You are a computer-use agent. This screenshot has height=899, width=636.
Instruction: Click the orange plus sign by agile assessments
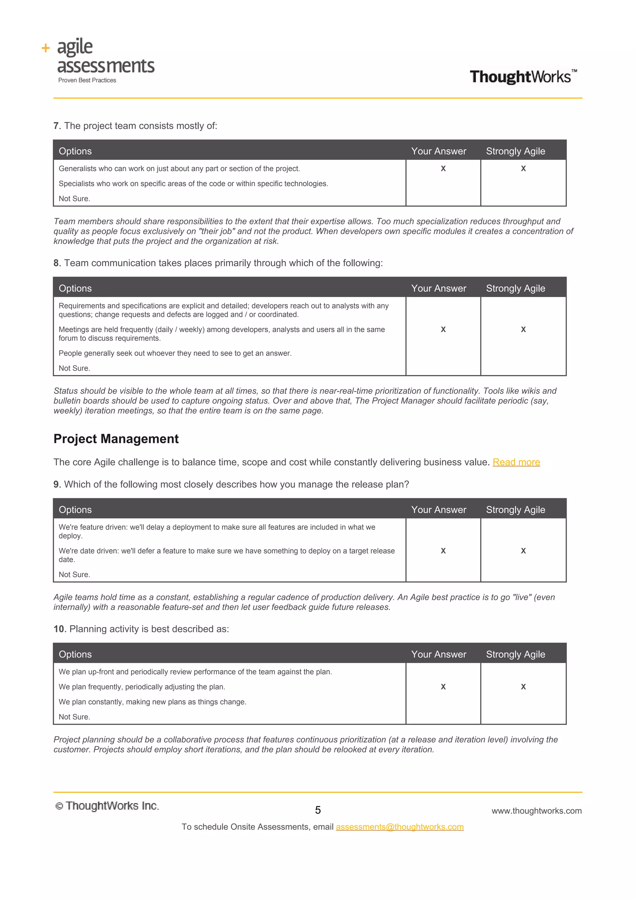46,48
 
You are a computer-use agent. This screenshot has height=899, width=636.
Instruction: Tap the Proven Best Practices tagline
87,80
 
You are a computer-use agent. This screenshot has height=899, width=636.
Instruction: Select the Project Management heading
116,439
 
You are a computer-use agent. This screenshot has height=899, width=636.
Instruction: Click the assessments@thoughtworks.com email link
399,827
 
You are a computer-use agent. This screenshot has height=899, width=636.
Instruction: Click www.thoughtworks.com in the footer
537,811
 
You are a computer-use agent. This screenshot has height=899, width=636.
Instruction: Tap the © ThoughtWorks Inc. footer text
107,806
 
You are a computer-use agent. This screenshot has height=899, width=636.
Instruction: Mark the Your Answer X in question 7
443,168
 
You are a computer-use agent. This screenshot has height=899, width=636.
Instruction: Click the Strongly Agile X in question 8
523,329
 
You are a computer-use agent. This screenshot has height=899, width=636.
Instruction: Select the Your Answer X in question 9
443,550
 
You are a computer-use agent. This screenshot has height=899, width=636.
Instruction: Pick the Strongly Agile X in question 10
523,686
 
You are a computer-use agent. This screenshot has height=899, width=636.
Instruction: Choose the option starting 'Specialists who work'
193,184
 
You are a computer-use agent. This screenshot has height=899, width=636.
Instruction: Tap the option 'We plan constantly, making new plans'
152,702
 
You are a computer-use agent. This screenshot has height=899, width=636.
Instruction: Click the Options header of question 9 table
75,509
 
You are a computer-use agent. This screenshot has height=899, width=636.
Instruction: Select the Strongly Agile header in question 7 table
516,151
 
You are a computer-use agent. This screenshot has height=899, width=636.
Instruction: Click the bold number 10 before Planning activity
59,629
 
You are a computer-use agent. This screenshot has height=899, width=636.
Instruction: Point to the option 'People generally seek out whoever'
175,353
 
